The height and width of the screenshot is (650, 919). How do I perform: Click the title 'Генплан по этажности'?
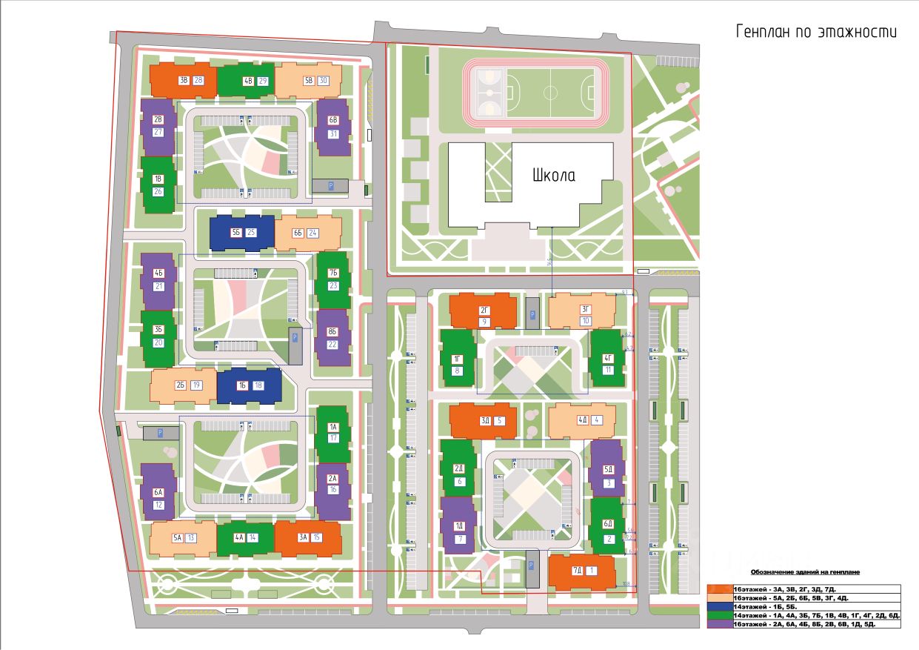point(815,32)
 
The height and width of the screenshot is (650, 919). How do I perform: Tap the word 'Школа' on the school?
point(553,176)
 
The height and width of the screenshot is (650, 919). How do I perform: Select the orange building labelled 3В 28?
point(183,80)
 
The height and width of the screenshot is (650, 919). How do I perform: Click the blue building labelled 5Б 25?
point(241,233)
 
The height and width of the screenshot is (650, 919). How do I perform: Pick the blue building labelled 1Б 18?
point(249,385)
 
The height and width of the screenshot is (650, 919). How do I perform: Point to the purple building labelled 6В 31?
point(332,127)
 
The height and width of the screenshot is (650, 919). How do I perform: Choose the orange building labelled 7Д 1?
point(582,571)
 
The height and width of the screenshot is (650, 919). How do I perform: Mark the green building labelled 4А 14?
point(245,538)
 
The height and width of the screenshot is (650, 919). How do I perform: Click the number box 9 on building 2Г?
point(483,322)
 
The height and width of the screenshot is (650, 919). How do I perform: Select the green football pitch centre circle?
point(550,93)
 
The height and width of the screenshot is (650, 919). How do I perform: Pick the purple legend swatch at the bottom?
point(719,625)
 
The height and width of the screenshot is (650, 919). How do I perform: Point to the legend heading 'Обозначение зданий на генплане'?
point(805,572)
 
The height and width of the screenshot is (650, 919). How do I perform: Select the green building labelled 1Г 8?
point(457,359)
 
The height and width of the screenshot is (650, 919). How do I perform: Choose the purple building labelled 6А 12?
point(158,491)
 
